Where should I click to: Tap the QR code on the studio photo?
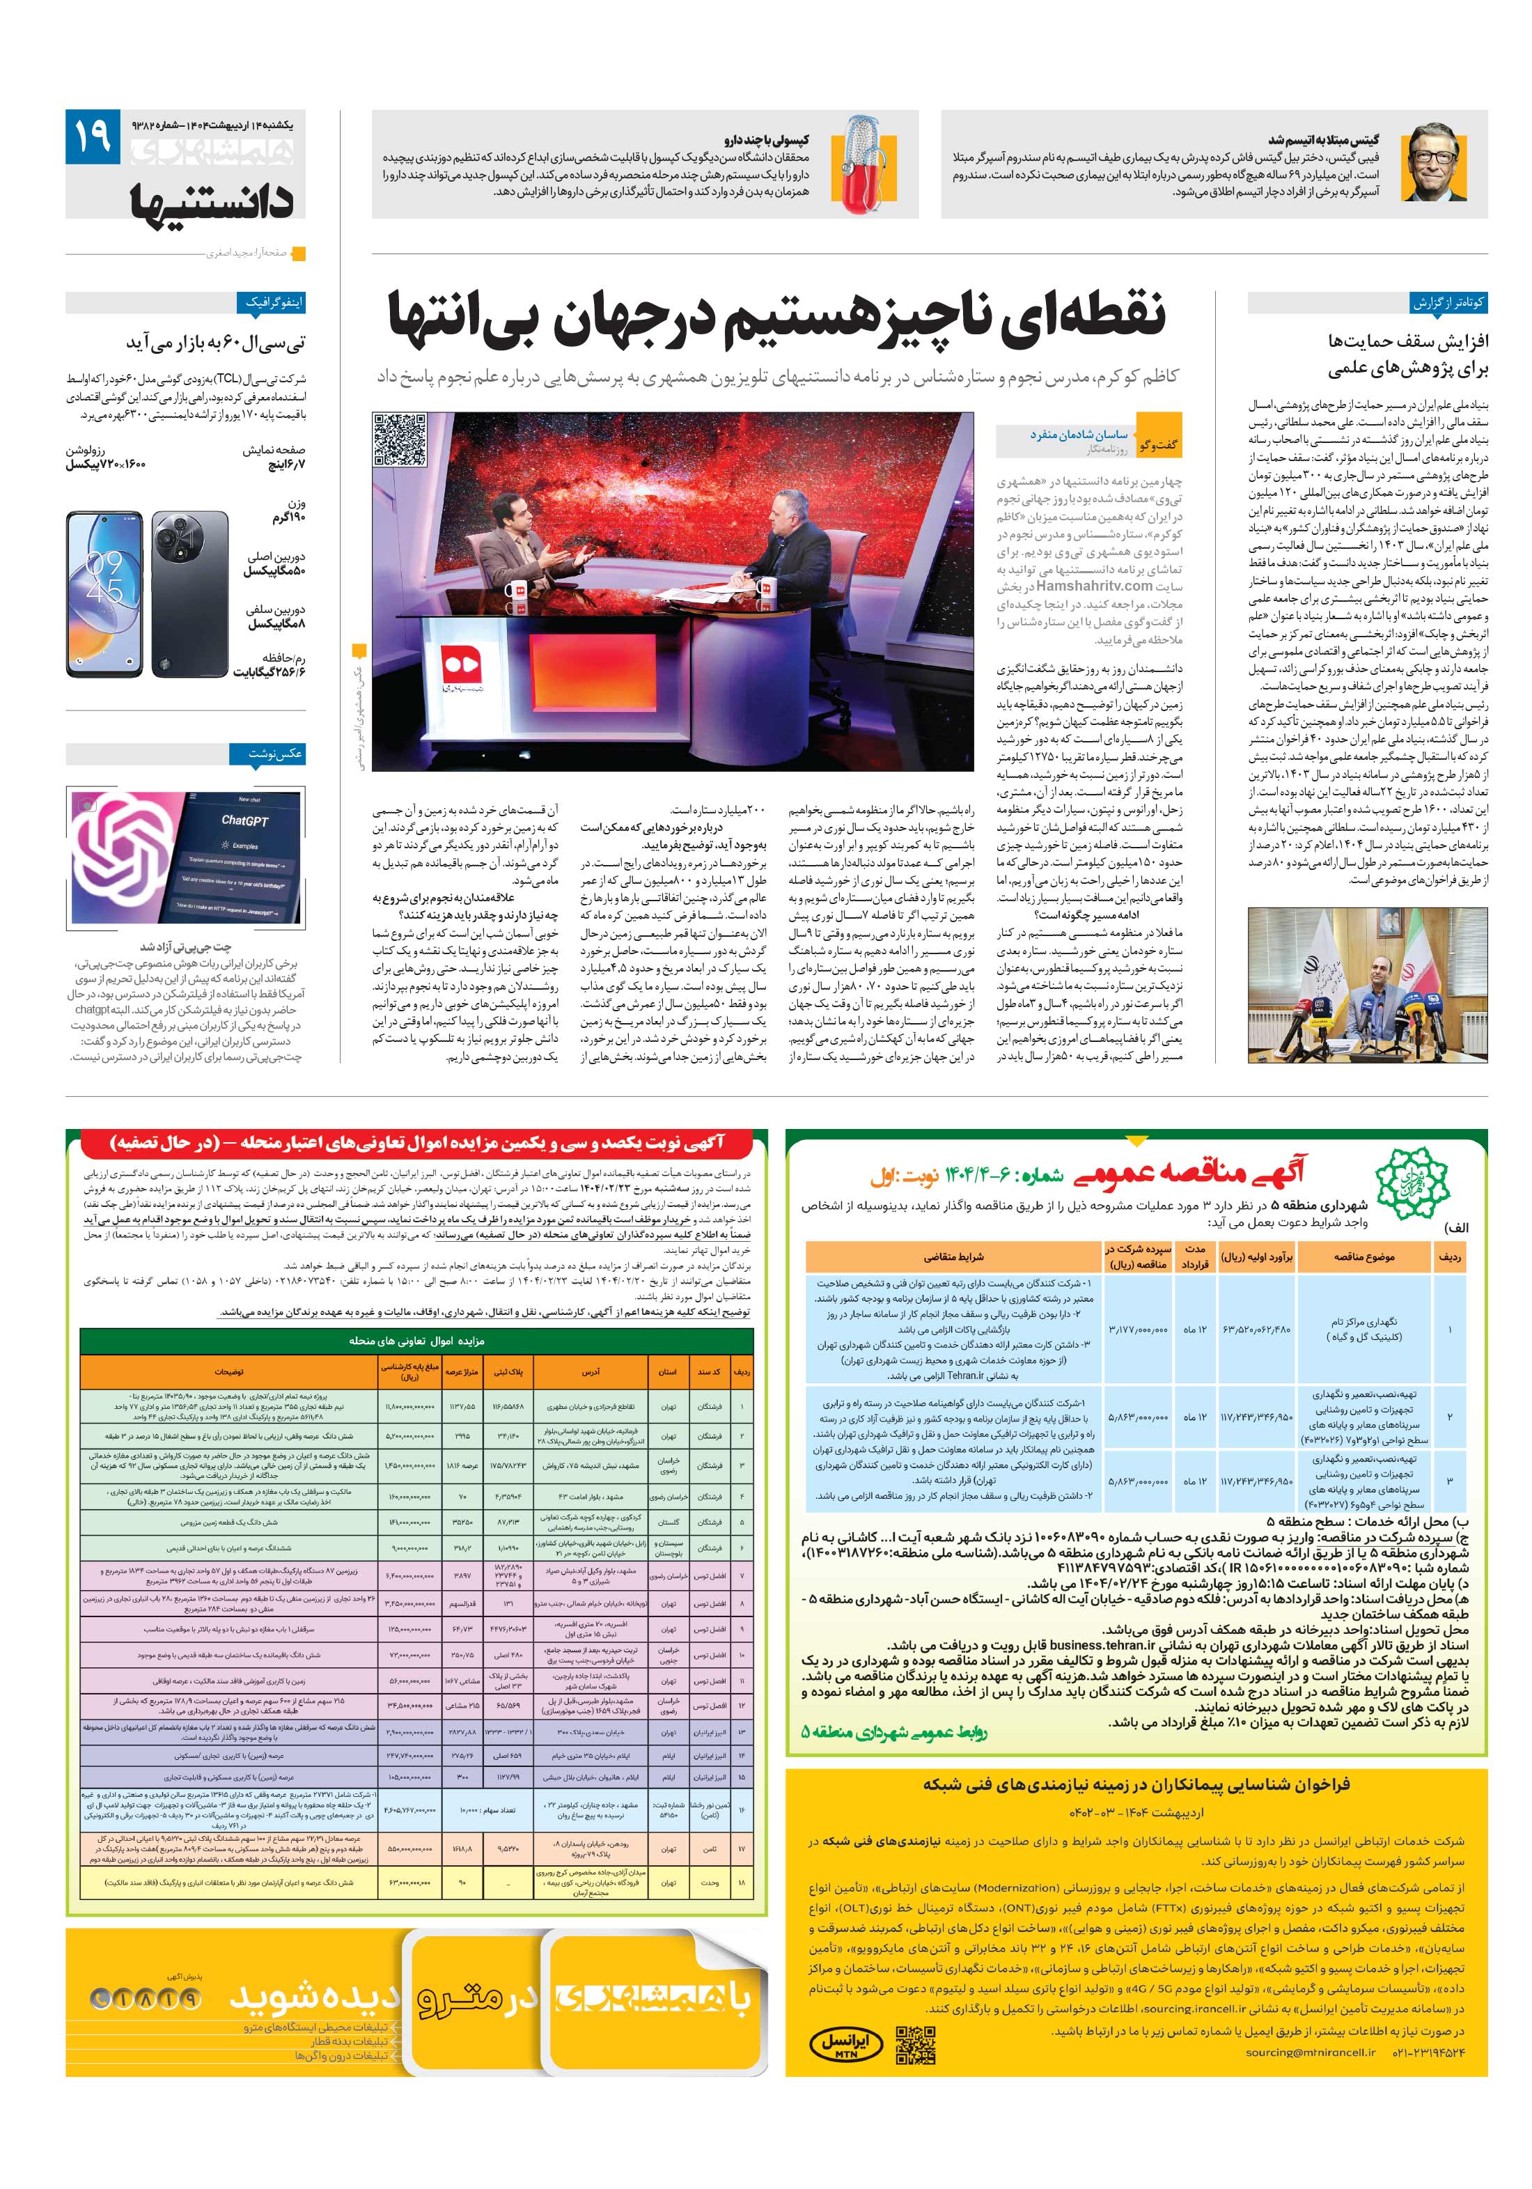[400, 439]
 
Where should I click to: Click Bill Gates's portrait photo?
[1434, 162]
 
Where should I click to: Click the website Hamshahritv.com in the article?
[1095, 586]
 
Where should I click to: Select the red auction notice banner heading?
[416, 1142]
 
